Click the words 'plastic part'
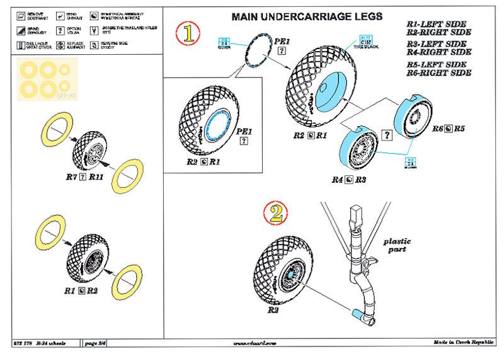pos(397,245)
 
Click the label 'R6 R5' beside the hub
pos(448,128)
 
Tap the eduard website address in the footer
pos(255,342)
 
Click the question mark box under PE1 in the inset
pos(243,142)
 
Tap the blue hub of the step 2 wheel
pos(289,273)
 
